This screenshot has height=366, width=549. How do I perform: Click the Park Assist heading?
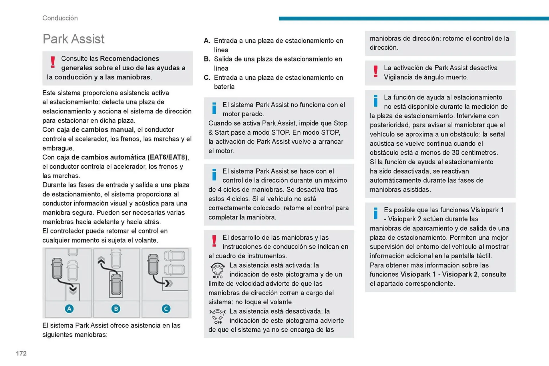[73, 39]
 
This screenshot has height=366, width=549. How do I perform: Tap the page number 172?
[21, 353]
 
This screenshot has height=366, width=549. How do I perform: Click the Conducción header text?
[60, 18]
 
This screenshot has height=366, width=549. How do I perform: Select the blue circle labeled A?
[69, 309]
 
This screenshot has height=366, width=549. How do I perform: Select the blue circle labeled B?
[116, 309]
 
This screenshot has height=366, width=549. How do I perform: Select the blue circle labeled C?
[166, 309]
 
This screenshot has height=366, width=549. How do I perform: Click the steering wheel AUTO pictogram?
[218, 270]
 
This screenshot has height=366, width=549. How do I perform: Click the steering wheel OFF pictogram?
[218, 316]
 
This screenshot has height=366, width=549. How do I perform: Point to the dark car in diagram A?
[57, 268]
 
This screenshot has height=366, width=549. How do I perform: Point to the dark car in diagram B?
[116, 284]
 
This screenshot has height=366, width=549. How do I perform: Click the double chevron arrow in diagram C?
[169, 283]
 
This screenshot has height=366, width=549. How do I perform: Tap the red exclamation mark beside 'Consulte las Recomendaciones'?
[53, 62]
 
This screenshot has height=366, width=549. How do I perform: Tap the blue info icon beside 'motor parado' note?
[214, 108]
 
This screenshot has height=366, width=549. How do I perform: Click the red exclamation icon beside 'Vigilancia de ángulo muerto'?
[375, 71]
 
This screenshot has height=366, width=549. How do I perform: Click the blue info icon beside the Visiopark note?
[375, 213]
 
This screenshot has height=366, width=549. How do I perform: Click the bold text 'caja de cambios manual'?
[95, 130]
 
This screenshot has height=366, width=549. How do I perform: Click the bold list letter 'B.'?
[207, 59]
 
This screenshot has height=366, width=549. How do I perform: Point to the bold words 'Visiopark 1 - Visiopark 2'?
[439, 274]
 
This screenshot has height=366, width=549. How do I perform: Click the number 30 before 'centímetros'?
[455, 153]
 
